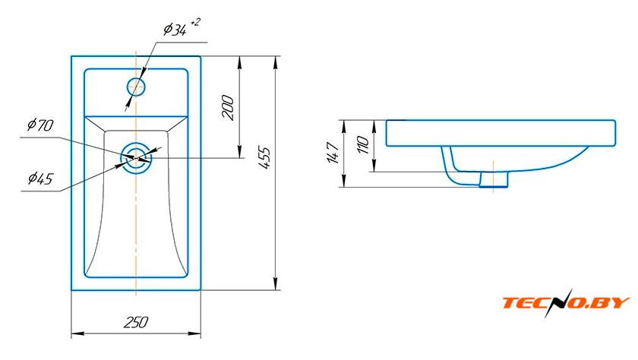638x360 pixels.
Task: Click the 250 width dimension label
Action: coord(136,323)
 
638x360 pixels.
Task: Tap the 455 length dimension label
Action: coord(264,157)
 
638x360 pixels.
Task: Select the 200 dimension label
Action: coord(228,107)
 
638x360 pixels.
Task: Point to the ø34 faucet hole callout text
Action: coord(175,30)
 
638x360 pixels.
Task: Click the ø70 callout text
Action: coord(40,125)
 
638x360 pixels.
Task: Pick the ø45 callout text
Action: coord(41,178)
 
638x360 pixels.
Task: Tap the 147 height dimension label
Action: coord(333,153)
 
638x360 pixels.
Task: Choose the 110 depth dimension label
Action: coord(362,145)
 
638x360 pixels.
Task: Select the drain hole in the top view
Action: coord(136,158)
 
